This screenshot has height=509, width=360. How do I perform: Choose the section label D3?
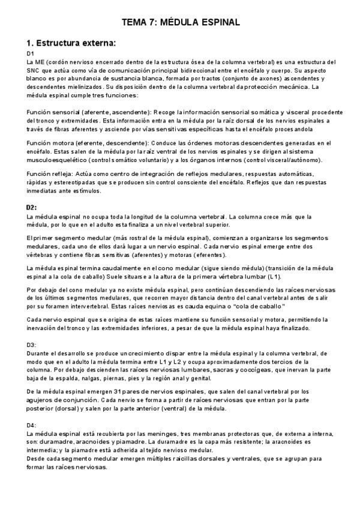32,345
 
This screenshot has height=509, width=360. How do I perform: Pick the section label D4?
32,425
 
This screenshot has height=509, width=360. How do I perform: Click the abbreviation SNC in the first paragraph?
34,70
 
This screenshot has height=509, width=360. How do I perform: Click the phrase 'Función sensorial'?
52,112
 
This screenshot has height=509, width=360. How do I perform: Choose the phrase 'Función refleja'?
49,173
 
